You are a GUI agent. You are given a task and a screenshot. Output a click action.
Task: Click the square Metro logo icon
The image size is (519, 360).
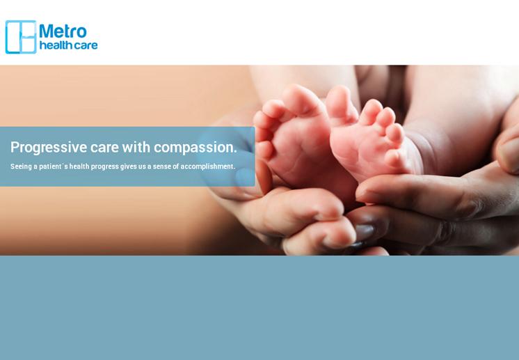click(x=21, y=37)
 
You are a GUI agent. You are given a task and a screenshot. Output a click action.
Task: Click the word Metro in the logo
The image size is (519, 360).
click(x=63, y=31)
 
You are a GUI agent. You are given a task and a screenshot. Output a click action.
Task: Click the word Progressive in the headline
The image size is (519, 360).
click(x=49, y=148)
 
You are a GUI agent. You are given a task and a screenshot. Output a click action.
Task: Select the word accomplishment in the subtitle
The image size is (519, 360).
click(x=207, y=166)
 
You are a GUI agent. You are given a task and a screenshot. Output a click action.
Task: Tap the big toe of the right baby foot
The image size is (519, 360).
click(x=340, y=101)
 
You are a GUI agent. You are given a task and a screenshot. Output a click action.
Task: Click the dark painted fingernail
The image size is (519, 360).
click(x=365, y=232)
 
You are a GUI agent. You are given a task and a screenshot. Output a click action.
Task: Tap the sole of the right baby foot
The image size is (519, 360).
click(x=361, y=149)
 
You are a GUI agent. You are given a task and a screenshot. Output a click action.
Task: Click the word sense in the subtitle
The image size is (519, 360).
click(x=161, y=166)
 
